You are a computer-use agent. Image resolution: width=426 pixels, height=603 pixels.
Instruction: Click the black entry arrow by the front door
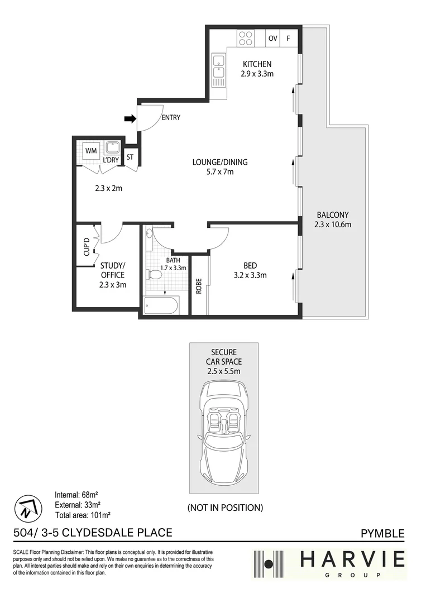point(130,118)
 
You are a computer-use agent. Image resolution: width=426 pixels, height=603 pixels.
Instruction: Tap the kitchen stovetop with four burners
point(246,38)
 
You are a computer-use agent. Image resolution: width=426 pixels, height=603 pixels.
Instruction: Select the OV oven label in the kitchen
point(272,39)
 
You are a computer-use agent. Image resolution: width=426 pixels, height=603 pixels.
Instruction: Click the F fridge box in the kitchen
point(289,39)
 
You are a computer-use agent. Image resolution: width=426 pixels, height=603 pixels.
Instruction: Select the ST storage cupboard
point(130,157)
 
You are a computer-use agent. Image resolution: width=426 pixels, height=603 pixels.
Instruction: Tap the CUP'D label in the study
point(86,246)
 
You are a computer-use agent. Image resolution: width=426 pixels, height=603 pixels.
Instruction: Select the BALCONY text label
point(332,214)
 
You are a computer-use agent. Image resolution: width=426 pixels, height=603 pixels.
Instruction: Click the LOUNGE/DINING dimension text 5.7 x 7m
point(219,172)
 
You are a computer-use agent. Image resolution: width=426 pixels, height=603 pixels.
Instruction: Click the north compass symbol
point(27,507)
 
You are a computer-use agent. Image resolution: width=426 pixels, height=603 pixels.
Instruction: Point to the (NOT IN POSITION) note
point(224,508)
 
